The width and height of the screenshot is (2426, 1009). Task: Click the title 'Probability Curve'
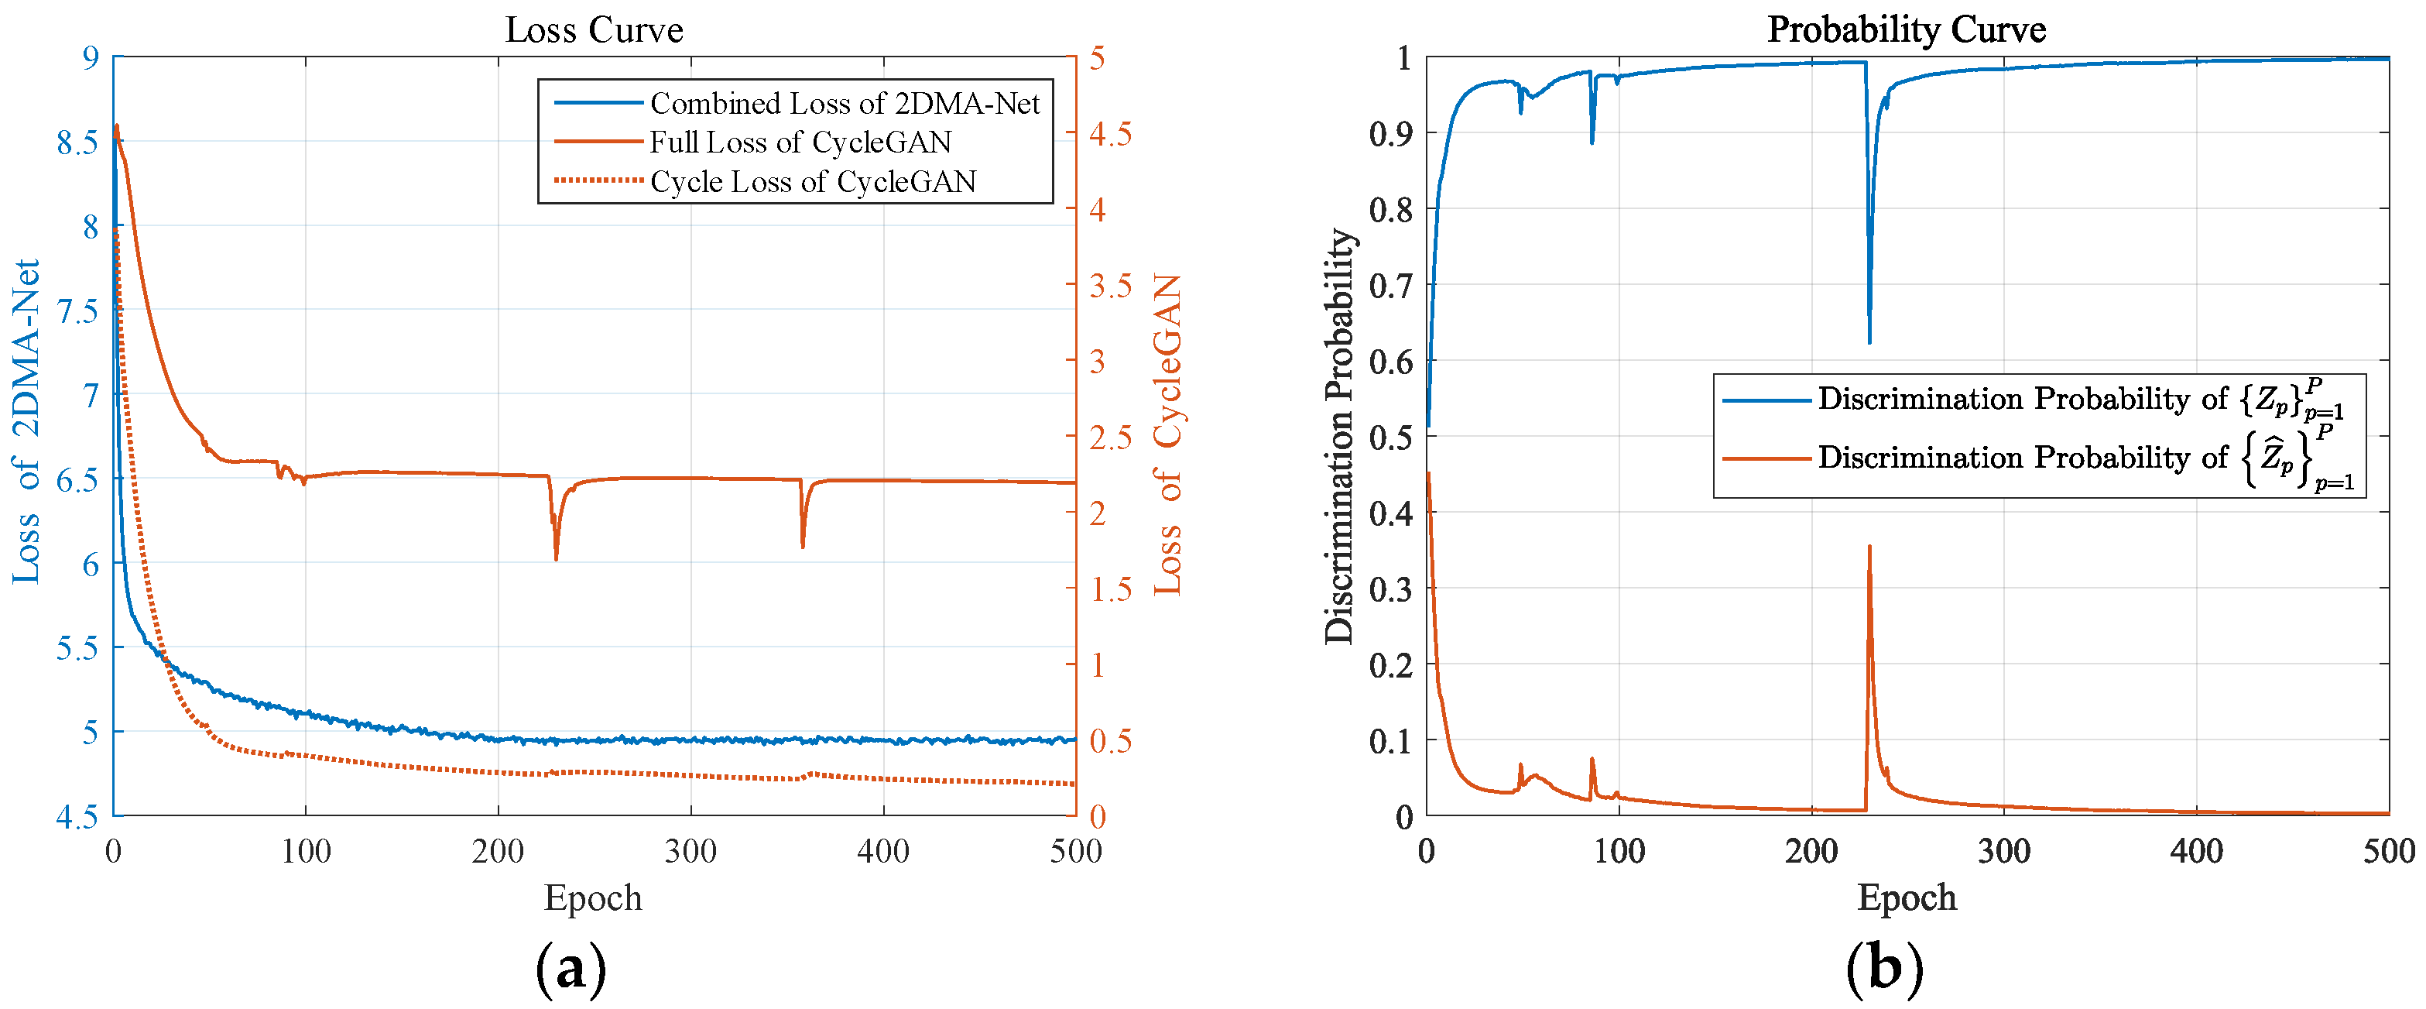1905,29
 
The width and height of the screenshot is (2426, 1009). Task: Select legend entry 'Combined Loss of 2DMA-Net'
844,103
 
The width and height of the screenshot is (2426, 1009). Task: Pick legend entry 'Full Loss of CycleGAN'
800,142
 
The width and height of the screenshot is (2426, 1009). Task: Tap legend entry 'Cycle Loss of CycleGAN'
813,181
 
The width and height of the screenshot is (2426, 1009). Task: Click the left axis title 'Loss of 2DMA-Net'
26,420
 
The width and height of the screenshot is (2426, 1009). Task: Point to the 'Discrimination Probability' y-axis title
1338,436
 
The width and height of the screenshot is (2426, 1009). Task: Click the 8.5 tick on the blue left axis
77,142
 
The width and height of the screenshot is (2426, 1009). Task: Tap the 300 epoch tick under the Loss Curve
690,852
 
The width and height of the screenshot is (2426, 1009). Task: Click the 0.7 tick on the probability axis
1390,286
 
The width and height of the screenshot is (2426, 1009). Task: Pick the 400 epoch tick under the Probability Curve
2195,852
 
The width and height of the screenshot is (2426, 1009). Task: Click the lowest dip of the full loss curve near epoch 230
556,558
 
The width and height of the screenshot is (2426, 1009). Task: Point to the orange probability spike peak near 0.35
1869,547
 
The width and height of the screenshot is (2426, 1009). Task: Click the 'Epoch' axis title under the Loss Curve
592,897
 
